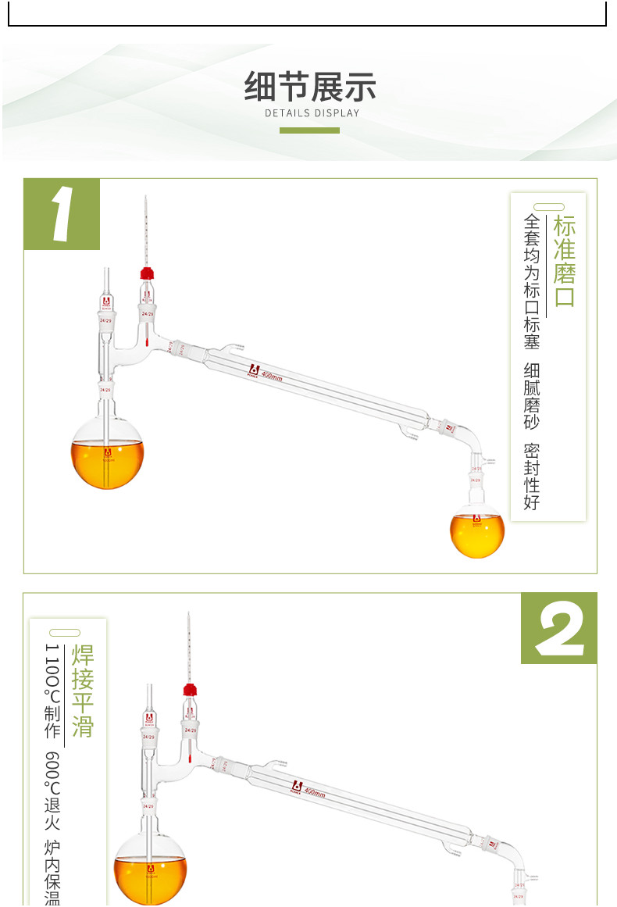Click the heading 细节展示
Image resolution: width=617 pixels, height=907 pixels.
pos(310,87)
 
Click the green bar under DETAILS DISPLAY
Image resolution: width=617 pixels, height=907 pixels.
pos(309,130)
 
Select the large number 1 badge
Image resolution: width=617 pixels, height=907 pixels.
pos(62,214)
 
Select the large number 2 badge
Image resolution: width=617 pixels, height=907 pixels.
pos(558,628)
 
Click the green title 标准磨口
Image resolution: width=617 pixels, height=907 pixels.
pos(564,261)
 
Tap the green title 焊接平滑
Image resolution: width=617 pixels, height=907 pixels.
pos(82,691)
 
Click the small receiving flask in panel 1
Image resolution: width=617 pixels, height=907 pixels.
pos(477,530)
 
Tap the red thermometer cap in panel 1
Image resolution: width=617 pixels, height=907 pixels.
pos(145,273)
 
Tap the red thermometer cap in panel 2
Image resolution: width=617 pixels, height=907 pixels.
pos(189,689)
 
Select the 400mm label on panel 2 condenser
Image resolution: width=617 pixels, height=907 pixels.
pos(314,791)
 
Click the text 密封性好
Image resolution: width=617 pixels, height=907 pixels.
pos(532,477)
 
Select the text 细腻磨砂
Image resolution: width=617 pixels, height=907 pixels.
pos(532,395)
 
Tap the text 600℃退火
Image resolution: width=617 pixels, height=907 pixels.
pos(52,789)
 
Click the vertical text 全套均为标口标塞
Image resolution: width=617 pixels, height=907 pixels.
pos(532,281)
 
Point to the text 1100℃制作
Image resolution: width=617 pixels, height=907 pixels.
pos(52,691)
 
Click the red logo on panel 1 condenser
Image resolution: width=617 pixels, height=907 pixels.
pos(252,370)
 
